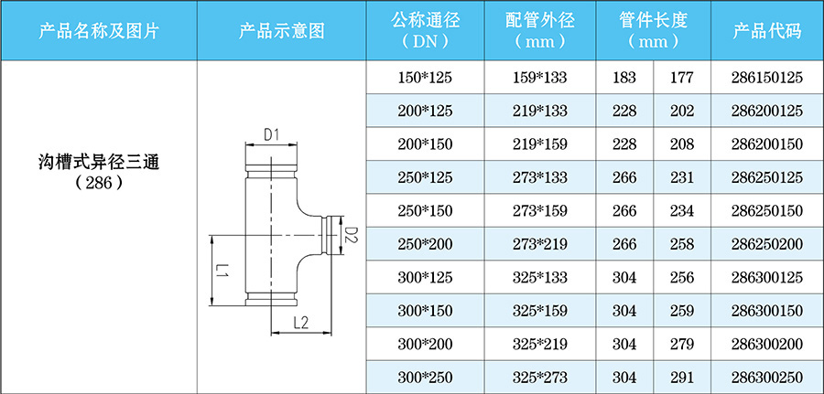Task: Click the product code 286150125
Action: (x=767, y=79)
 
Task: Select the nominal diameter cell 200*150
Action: (x=426, y=145)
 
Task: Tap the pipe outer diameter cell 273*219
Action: (x=540, y=244)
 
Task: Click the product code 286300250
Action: (x=767, y=377)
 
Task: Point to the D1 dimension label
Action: (x=271, y=135)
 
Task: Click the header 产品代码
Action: (x=767, y=30)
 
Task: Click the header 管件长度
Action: (x=652, y=20)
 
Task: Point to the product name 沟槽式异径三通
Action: (x=99, y=162)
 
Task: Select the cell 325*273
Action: (x=540, y=377)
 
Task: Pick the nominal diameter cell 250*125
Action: (x=426, y=178)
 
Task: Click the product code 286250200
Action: (x=767, y=244)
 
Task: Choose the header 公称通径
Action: (x=426, y=20)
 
